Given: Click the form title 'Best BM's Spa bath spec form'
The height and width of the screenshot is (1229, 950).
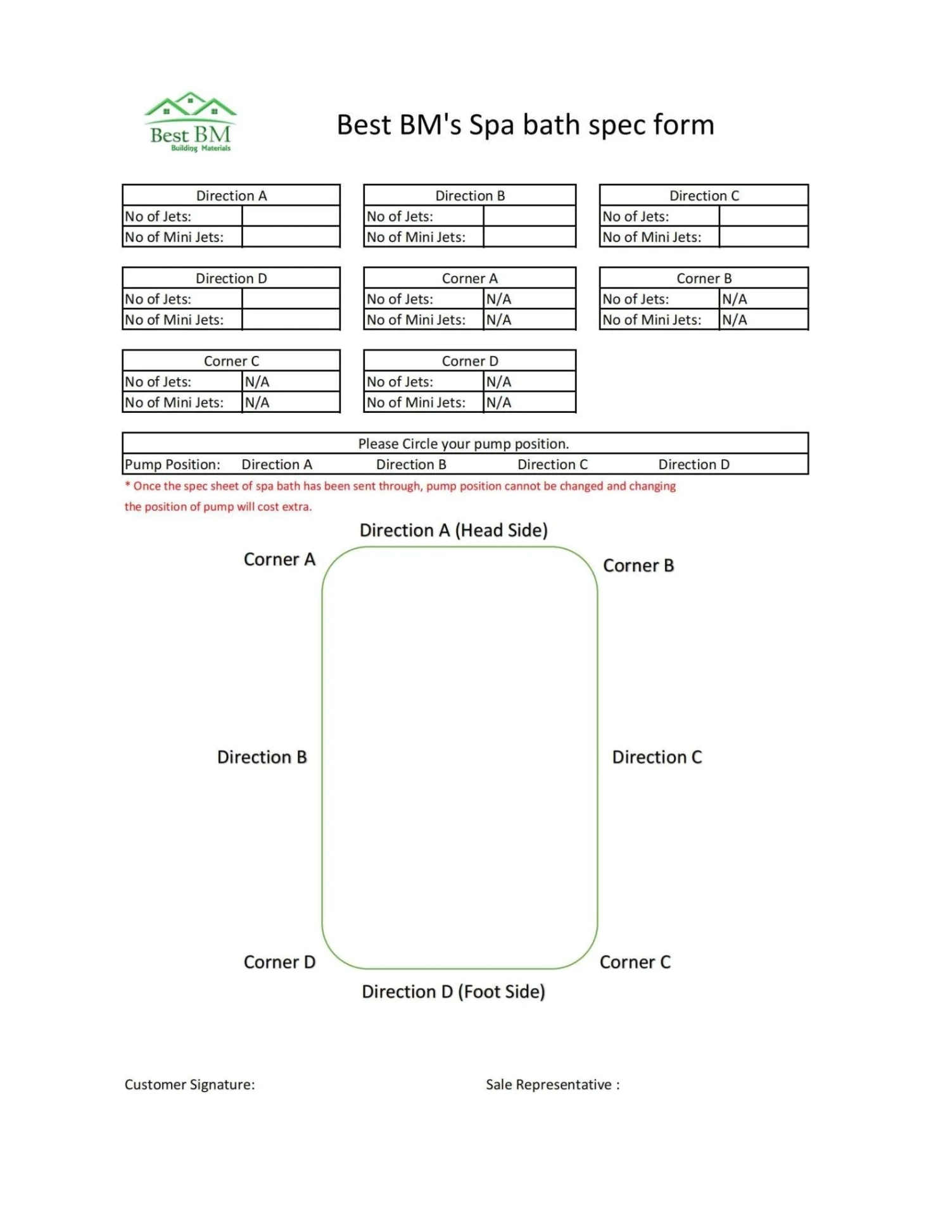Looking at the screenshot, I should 525,125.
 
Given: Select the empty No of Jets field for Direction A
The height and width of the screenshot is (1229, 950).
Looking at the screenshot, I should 291,216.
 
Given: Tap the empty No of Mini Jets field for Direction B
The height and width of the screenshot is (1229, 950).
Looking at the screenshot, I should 529,237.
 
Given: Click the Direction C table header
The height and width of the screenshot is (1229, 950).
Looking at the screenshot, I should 704,196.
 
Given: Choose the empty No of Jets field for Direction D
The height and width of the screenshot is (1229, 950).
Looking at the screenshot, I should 291,299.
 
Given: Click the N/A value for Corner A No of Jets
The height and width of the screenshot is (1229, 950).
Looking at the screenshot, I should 499,299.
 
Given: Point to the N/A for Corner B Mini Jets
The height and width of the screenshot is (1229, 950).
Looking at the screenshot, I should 735,320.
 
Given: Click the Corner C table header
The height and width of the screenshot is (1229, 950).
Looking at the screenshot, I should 231,361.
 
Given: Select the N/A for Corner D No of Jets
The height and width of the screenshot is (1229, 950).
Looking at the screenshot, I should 499,382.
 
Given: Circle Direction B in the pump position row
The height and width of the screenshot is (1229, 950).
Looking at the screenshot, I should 411,464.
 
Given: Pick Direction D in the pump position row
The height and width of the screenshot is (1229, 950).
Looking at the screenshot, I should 693,464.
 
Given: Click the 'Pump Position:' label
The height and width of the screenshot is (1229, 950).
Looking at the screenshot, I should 172,464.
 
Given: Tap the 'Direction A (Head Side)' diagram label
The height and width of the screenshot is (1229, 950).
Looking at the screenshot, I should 453,530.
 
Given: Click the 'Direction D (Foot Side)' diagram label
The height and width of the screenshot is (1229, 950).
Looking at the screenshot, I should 453,992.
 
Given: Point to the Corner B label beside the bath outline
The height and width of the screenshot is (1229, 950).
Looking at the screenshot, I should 638,565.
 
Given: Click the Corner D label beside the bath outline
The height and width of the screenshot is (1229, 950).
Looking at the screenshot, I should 279,962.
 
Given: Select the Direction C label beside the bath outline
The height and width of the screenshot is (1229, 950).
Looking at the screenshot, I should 657,757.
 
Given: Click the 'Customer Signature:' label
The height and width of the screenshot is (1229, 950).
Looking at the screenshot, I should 189,1085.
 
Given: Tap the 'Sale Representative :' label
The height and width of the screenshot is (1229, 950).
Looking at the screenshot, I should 552,1085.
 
